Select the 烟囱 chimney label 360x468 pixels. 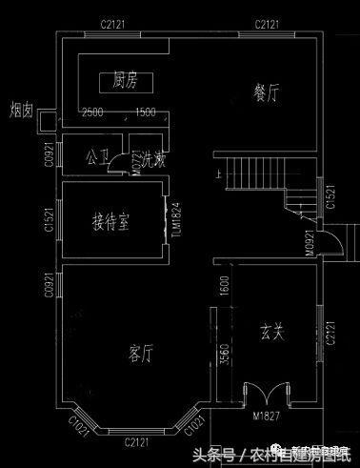click(21, 109)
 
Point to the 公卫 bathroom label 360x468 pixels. click(97, 153)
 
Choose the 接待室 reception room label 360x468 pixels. click(111, 221)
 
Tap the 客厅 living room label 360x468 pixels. click(140, 354)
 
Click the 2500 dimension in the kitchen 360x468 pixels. click(93, 113)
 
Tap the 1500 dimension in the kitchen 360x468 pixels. click(146, 113)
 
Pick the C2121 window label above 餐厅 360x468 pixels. click(266, 22)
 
